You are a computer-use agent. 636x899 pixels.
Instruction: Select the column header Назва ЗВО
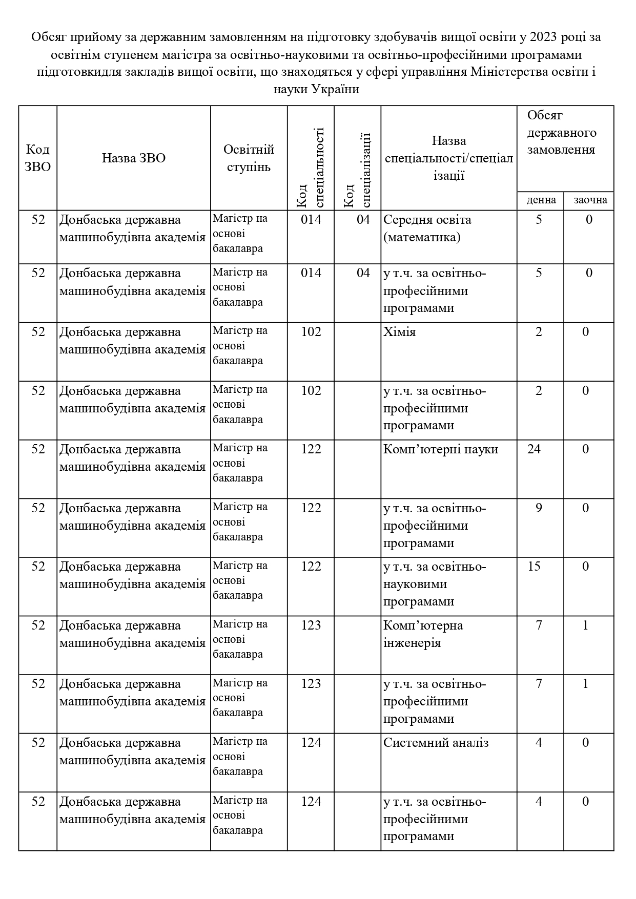click(133, 158)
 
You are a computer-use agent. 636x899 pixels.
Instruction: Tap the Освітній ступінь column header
click(249, 158)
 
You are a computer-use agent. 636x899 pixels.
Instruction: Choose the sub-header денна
click(541, 200)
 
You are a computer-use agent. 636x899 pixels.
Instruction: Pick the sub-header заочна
click(589, 200)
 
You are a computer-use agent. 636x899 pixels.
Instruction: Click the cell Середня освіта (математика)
click(427, 228)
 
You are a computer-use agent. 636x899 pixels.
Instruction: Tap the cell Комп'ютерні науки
click(440, 449)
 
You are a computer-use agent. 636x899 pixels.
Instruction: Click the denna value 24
click(534, 449)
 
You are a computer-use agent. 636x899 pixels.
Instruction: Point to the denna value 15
click(534, 567)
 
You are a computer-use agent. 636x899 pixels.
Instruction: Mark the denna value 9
click(539, 508)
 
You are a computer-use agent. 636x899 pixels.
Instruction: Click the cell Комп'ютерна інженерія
click(423, 634)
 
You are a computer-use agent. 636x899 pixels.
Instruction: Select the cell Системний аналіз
click(436, 743)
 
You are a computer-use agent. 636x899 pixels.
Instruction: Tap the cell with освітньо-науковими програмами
click(434, 584)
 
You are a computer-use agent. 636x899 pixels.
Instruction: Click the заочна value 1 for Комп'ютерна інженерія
click(586, 625)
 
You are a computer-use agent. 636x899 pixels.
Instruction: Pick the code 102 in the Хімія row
click(311, 332)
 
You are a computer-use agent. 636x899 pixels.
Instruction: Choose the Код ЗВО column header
click(38, 158)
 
